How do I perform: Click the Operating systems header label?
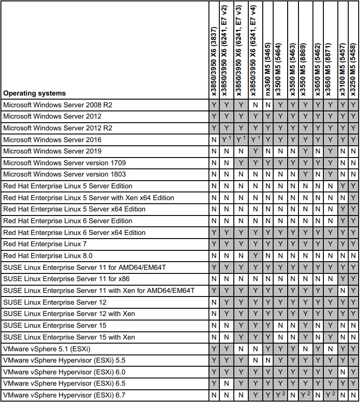click(x=34, y=93)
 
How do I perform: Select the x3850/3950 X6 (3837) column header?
click(x=214, y=50)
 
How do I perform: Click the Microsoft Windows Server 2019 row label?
click(x=52, y=151)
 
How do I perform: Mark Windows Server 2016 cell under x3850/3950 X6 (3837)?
click(x=214, y=140)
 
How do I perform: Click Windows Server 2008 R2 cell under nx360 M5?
click(x=268, y=105)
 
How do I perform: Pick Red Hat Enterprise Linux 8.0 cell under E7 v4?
click(x=256, y=256)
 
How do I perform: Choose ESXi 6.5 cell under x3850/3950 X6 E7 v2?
click(x=227, y=383)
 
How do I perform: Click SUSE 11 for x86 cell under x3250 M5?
click(x=353, y=279)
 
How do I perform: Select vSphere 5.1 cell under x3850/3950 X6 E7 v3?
click(x=241, y=349)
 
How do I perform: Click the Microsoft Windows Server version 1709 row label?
click(x=65, y=163)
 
